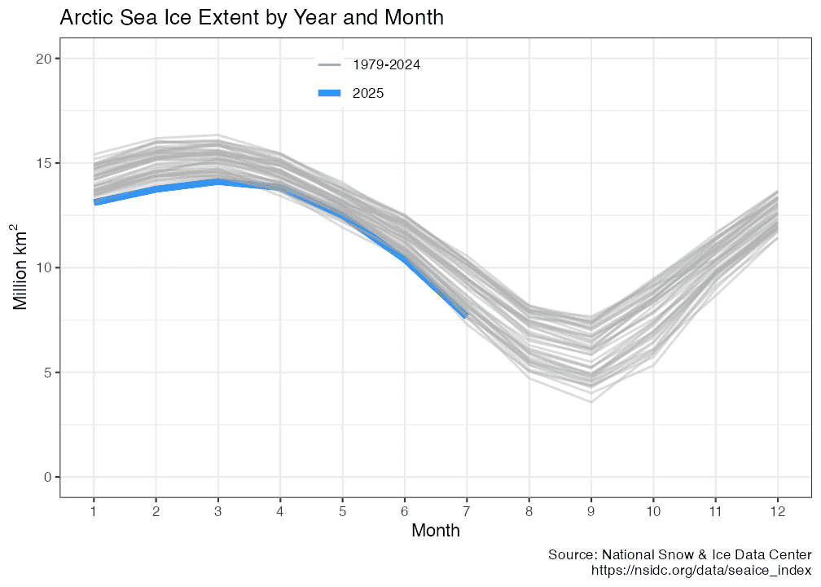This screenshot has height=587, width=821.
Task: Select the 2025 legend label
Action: click(368, 94)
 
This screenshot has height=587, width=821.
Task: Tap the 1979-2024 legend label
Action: click(386, 64)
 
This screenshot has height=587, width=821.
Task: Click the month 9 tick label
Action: click(591, 510)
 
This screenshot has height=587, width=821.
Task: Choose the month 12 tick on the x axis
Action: click(778, 510)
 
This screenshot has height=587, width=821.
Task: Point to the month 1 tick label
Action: click(94, 510)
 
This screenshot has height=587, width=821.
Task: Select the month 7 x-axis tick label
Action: click(467, 510)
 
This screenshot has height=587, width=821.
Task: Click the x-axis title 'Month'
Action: click(436, 531)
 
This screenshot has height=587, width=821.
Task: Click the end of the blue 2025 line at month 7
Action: click(466, 316)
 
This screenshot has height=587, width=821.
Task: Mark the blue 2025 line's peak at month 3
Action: click(218, 182)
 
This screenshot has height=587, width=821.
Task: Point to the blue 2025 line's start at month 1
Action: click(95, 202)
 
